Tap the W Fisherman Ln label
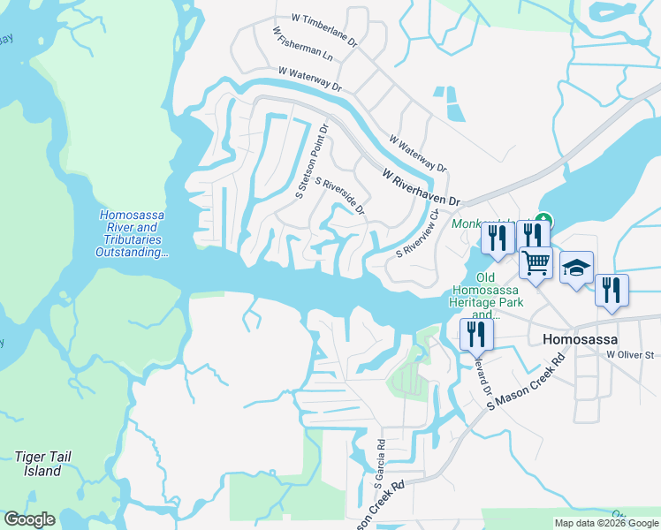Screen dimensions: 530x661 click(x=304, y=48)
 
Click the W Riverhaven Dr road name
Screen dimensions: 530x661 click(x=422, y=187)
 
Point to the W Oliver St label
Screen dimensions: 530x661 click(x=629, y=355)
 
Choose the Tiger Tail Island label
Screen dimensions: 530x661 click(x=42, y=464)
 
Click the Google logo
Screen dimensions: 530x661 click(x=29, y=519)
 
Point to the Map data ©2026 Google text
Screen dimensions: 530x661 click(x=605, y=523)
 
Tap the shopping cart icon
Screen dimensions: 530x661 click(x=536, y=261)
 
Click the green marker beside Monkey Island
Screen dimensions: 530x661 click(x=545, y=220)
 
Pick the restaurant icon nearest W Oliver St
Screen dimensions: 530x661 click(x=612, y=290)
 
